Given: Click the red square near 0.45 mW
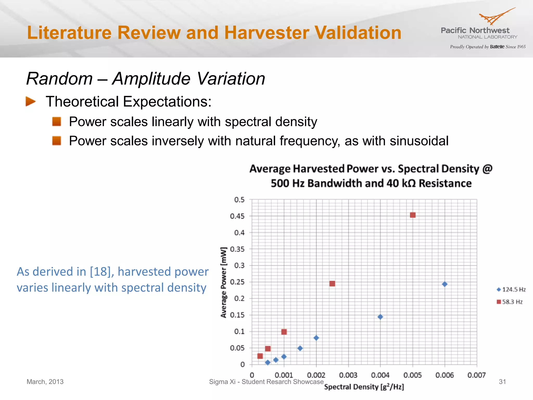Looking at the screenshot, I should click(x=413, y=215).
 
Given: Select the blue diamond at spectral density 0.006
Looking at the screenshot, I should click(x=445, y=284).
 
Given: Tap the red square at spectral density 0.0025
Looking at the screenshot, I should click(x=332, y=284).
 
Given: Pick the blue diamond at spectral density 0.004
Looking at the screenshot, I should click(x=380, y=317).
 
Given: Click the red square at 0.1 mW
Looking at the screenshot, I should click(x=284, y=332).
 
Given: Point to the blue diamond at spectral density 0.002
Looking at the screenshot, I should click(x=316, y=338).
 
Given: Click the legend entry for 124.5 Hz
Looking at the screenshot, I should click(x=511, y=290).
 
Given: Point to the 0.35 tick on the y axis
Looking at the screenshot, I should click(x=237, y=249).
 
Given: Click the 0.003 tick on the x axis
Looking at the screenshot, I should click(x=348, y=375).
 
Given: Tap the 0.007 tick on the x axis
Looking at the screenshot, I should click(x=477, y=375).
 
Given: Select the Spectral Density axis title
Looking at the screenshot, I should click(x=364, y=387).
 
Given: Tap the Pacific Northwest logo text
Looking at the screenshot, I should click(x=475, y=30).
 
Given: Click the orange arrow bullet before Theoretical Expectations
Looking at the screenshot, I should click(x=30, y=102).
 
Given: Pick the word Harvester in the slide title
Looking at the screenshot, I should click(x=266, y=33).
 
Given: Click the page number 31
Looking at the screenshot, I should click(x=502, y=382).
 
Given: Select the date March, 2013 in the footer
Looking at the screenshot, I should click(x=45, y=382).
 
